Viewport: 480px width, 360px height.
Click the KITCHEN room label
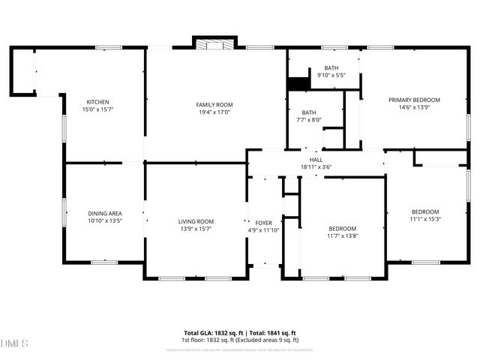coord(98,102)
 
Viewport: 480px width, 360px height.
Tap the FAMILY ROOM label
coord(214,104)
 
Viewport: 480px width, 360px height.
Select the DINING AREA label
coord(105,214)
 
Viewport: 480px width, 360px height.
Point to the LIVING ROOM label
coord(196,221)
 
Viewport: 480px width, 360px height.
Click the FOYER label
coord(263,223)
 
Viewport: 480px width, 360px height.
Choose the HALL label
coord(316,160)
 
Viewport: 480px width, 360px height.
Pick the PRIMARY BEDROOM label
coord(414,100)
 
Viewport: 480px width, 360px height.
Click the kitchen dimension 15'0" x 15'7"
coord(98,109)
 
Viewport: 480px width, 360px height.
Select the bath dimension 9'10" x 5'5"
coord(331,75)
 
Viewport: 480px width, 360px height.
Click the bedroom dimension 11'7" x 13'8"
coord(343,235)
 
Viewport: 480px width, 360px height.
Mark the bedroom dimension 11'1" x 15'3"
coord(424,219)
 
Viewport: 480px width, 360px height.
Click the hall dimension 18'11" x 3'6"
coord(316,166)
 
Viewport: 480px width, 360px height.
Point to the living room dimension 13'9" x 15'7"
coord(196,229)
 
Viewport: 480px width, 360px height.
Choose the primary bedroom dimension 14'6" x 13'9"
coord(414,108)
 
